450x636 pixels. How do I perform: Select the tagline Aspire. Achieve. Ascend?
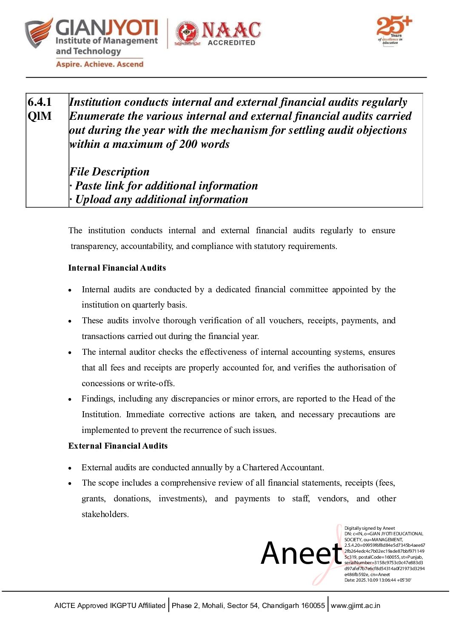pos(100,64)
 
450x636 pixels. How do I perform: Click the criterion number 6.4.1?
pos(40,102)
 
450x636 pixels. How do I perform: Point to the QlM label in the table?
pos(40,116)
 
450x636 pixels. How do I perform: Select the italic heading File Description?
pos(109,172)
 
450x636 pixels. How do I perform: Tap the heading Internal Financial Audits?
pos(117,268)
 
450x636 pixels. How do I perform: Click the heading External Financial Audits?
pos(118,446)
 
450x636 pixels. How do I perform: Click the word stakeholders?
pos(104,514)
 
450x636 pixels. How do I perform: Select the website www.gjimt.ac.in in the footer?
pos(356,605)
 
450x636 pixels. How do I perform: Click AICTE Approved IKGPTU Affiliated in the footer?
pos(110,605)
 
